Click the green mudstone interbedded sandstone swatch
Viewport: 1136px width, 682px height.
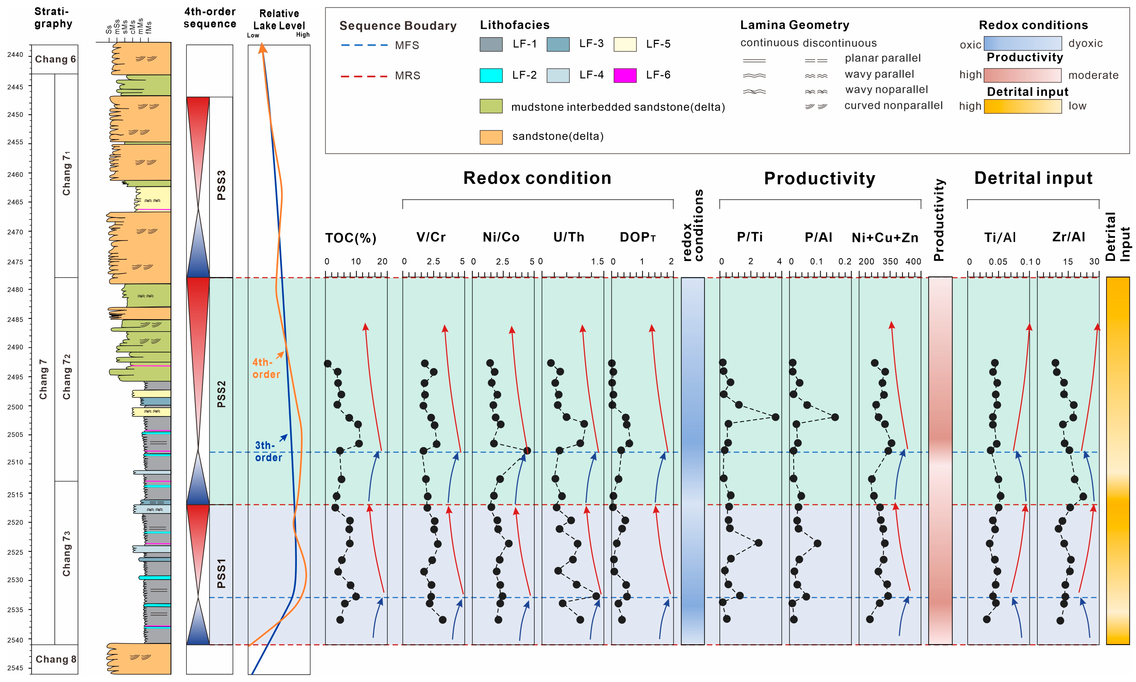[491, 106]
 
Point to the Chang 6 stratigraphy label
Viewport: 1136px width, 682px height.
[55, 59]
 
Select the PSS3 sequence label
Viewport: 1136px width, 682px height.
[221, 185]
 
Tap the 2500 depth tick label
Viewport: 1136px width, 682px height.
[15, 407]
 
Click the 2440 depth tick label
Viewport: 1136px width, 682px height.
[15, 55]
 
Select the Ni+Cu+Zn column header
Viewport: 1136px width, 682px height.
[885, 237]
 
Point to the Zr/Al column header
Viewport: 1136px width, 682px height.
[1069, 237]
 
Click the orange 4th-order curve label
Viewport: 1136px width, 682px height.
[266, 368]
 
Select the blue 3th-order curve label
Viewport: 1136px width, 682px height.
[268, 451]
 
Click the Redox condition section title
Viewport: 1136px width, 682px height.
[537, 178]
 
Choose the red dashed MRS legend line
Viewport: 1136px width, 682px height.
[364, 76]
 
